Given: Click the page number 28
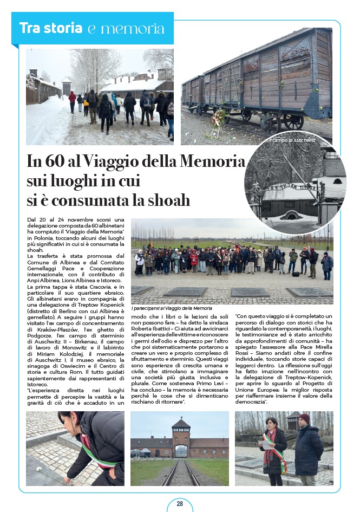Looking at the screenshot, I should (180, 504).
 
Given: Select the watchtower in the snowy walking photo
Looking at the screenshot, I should (67, 85).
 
